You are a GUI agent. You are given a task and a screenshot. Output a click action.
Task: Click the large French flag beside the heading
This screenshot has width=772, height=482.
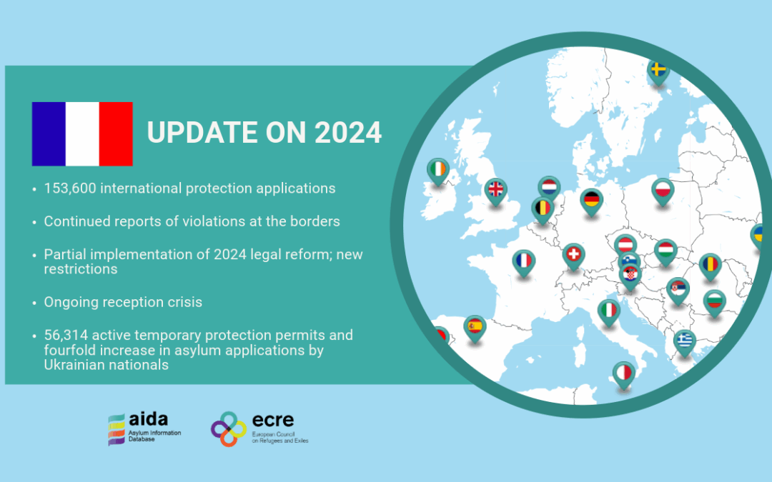[82, 134]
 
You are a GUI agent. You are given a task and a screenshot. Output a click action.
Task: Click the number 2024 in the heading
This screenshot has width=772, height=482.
[347, 133]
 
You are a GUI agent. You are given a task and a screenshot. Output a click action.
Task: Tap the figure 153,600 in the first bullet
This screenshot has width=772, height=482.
[70, 189]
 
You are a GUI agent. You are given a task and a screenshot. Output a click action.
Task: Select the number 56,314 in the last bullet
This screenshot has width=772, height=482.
[66, 335]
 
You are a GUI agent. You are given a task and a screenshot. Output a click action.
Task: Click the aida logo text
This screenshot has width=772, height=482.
[148, 420]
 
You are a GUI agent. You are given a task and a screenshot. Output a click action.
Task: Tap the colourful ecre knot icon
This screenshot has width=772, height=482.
[229, 429]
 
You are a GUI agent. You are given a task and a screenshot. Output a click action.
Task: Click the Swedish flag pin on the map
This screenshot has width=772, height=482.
[658, 72]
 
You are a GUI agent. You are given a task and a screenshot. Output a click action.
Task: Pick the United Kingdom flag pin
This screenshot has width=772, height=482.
[495, 191]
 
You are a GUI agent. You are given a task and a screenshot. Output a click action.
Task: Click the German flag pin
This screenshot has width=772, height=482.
[591, 201]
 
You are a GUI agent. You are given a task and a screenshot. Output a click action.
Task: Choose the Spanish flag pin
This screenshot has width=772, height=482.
[475, 328]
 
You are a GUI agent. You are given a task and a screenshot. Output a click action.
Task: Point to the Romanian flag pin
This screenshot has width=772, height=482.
[710, 266]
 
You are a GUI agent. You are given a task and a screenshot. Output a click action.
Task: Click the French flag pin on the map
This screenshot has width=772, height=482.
[523, 263]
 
